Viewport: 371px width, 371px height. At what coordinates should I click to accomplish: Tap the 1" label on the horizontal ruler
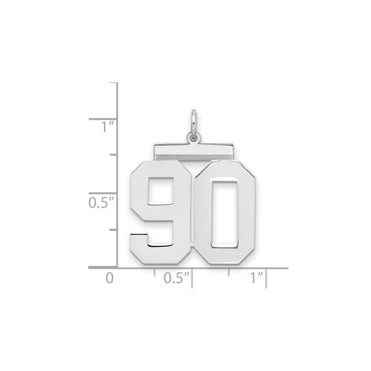tap(256, 279)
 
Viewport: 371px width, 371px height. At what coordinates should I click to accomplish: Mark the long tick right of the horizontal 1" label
tap(268, 275)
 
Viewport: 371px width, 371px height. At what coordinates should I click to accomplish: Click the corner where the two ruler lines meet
tap(119, 266)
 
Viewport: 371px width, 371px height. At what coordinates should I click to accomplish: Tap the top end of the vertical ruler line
tap(119, 82)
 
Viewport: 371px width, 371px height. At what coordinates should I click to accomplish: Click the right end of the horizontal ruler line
tap(288, 266)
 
